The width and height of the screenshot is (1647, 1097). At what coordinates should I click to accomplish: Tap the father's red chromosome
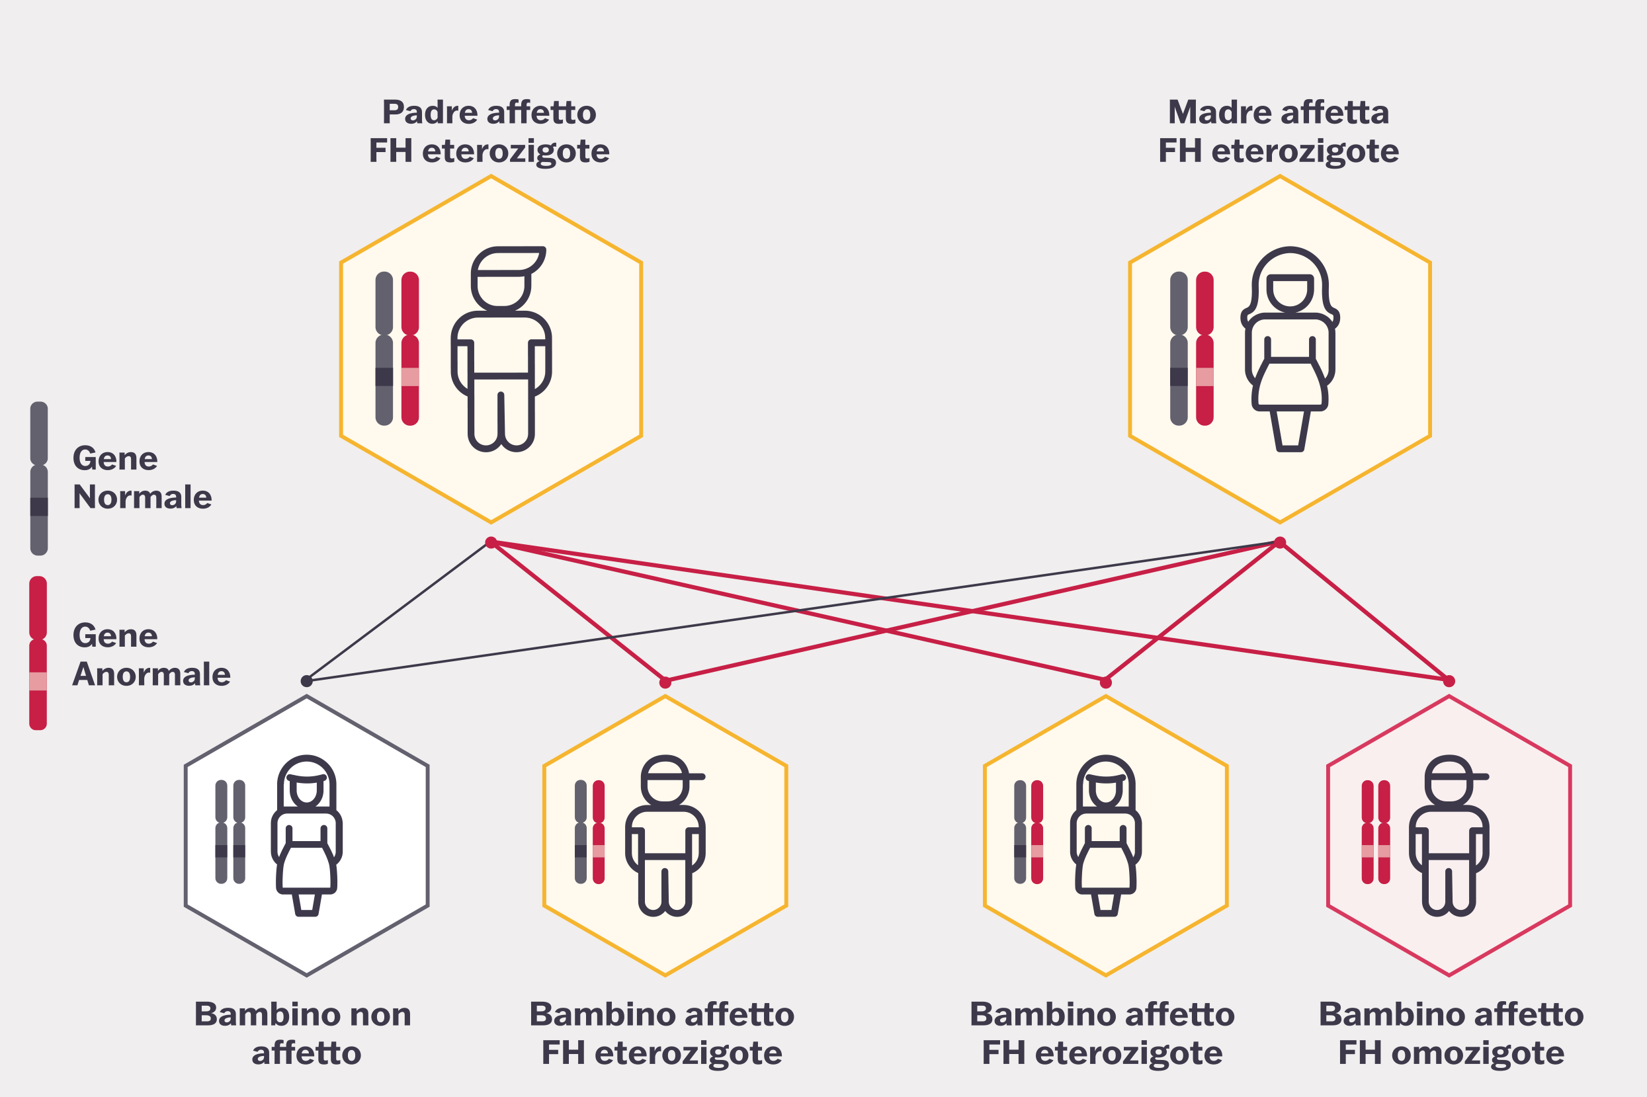(410, 348)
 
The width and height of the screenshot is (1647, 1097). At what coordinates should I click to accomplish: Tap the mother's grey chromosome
(1178, 348)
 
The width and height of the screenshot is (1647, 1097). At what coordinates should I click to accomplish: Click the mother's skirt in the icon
(1289, 384)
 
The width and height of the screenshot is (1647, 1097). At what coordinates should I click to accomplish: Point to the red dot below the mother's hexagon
(1280, 542)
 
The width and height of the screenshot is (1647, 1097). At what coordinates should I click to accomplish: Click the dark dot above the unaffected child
(306, 680)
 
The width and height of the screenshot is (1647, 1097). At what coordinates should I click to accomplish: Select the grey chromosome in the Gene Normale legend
(39, 478)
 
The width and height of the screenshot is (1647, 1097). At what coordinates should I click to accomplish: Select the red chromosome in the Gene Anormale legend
(38, 652)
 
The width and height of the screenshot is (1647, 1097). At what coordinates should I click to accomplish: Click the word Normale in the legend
(142, 497)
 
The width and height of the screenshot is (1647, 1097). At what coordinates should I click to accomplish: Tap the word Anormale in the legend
(151, 674)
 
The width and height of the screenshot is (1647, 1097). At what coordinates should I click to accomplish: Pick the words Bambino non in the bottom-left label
(302, 1014)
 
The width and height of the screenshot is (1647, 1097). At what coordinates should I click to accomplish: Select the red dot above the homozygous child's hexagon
(1449, 680)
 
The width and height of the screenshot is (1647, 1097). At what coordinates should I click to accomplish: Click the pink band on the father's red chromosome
(410, 376)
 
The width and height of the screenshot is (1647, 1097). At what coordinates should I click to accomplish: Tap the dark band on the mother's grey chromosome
(1178, 376)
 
